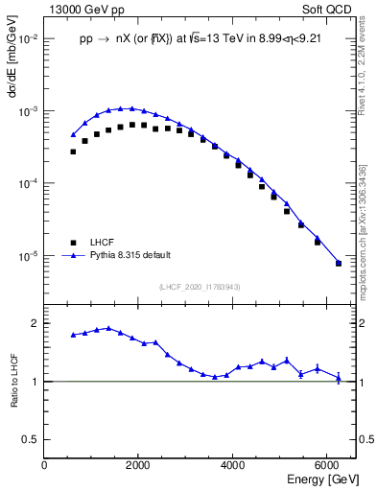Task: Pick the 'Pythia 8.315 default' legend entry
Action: coord(130,256)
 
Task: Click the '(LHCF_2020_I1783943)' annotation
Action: coord(199,286)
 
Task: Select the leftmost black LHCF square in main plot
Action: coord(73,152)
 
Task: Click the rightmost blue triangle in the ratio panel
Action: coord(339,378)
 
